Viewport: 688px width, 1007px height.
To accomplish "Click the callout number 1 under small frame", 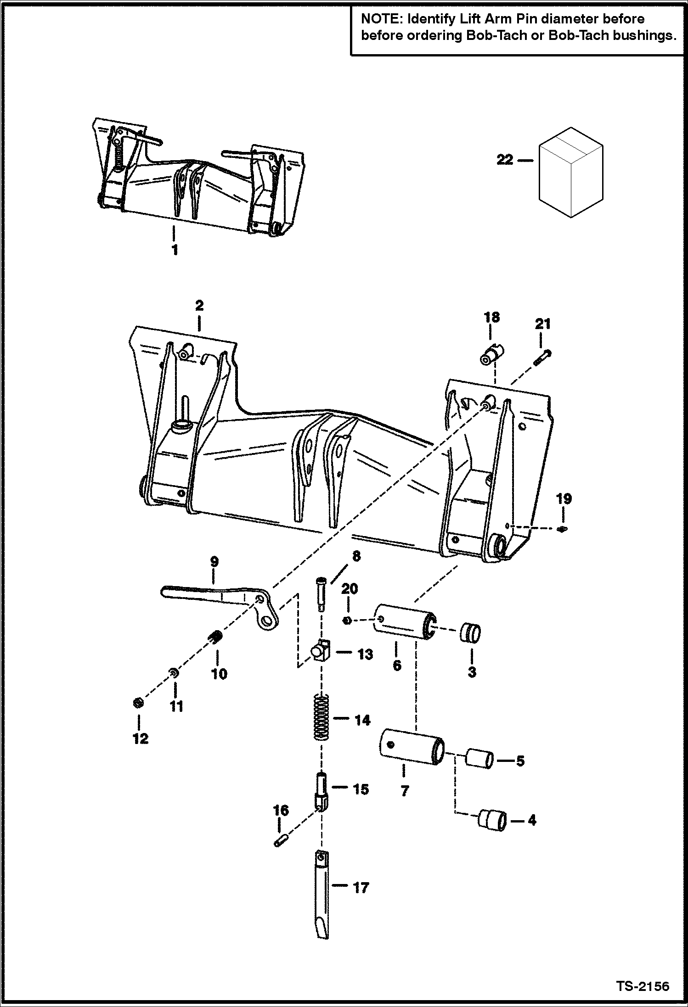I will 174,251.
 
